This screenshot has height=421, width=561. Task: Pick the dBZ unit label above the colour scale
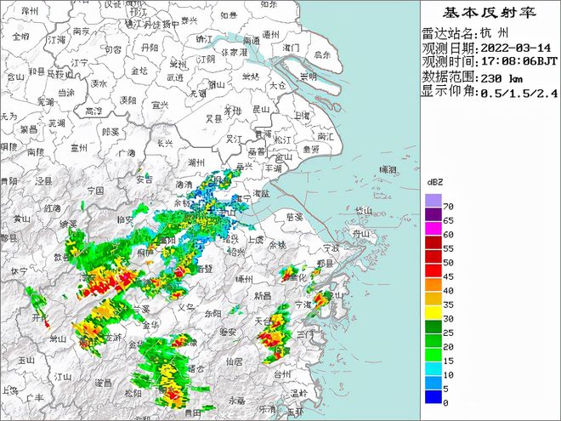[434, 183]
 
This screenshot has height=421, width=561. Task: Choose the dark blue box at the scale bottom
[433, 395]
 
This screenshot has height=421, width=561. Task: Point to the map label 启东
[321, 54]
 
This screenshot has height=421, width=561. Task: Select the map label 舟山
[362, 234]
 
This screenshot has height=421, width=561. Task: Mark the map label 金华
[151, 325]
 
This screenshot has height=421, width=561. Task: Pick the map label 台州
[282, 373]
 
